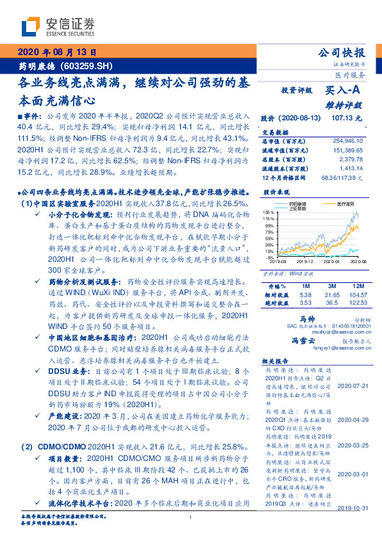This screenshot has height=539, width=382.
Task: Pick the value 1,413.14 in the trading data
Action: (x=349, y=170)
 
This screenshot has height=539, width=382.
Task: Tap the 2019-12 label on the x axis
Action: (x=304, y=261)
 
